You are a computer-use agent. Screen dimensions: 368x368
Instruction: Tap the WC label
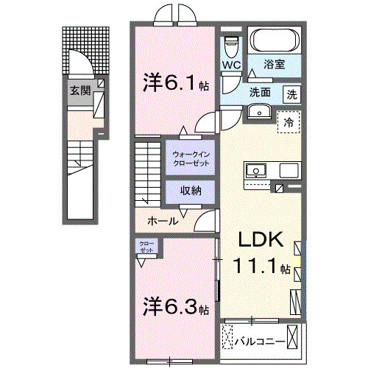[231, 64]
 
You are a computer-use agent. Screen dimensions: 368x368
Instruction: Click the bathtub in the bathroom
[272, 40]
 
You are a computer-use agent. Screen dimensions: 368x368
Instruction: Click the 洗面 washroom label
[260, 93]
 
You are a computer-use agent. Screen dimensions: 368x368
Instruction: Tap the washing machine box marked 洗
[293, 94]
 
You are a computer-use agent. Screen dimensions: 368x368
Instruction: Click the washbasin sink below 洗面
[258, 111]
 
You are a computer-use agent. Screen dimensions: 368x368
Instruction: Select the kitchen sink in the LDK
[258, 170]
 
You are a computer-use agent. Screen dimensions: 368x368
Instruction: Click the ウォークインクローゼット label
[191, 158]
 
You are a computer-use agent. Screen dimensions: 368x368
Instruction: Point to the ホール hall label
[162, 220]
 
